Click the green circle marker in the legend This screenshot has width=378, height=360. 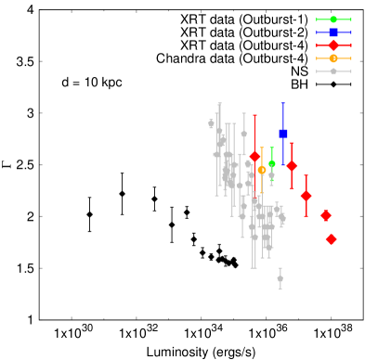[x=333, y=19]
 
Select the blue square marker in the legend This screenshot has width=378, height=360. [x=333, y=32]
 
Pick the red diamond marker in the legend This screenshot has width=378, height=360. [x=333, y=45]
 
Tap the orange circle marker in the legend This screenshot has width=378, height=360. [x=333, y=58]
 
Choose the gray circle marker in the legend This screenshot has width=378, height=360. [x=333, y=71]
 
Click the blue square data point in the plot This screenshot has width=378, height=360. [x=283, y=134]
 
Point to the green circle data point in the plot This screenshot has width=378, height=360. [x=272, y=164]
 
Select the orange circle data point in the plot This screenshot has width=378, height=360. [x=262, y=170]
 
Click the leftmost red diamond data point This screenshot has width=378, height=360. [x=254, y=156]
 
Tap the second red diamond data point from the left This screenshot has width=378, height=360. [x=292, y=165]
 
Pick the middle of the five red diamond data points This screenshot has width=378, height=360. [x=306, y=196]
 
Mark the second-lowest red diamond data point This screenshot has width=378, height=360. [x=326, y=215]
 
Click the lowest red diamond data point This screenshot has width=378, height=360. [x=331, y=239]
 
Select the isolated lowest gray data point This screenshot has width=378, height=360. [x=280, y=278]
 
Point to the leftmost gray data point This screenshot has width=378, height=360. [x=211, y=123]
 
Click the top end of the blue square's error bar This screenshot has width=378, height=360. [x=283, y=103]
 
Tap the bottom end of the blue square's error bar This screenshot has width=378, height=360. [x=283, y=165]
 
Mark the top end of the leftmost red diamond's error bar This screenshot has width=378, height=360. [x=254, y=115]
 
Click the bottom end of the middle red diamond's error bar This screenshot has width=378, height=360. [x=306, y=217]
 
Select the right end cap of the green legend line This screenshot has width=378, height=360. [x=351, y=19]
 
